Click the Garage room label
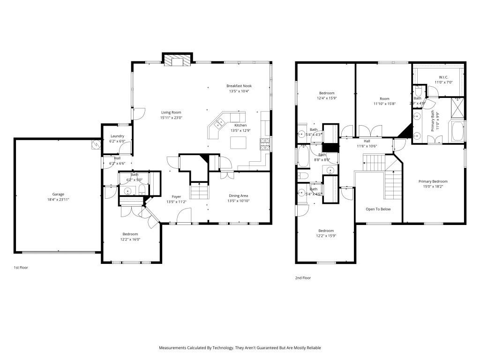click(58, 194)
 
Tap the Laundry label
click(117, 136)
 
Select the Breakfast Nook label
click(239, 86)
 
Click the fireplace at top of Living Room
click(178, 60)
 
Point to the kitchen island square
click(239, 142)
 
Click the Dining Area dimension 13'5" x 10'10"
click(239, 201)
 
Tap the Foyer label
click(176, 196)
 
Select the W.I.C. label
click(443, 77)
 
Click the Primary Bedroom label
click(433, 181)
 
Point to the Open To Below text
click(378, 209)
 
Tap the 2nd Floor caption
click(303, 278)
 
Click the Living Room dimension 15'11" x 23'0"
click(171, 118)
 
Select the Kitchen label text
click(240, 125)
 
